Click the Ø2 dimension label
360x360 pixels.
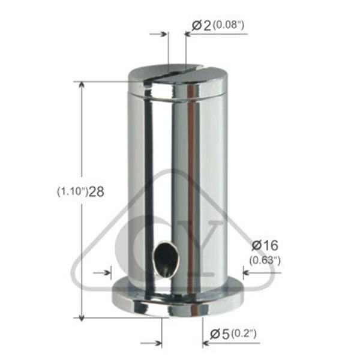pos(202,25)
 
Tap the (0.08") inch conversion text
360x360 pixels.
pos(229,25)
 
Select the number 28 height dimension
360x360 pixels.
pos(96,192)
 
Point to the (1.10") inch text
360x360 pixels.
pos(73,192)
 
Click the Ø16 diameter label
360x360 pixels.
pos(265,245)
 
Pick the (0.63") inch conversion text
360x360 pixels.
pos(265,260)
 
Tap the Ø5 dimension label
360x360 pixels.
pos(220,334)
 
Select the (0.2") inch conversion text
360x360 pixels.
pos(244,334)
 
